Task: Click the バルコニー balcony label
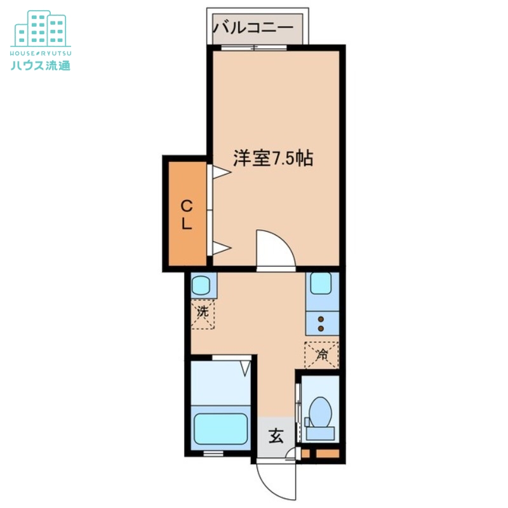253,27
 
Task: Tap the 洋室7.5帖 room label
272,159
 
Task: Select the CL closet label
187,215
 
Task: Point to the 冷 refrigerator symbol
322,355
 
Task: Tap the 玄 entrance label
276,436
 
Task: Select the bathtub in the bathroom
220,429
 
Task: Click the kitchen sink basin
321,284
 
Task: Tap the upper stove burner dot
321,319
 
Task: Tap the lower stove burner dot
321,328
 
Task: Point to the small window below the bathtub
213,453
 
